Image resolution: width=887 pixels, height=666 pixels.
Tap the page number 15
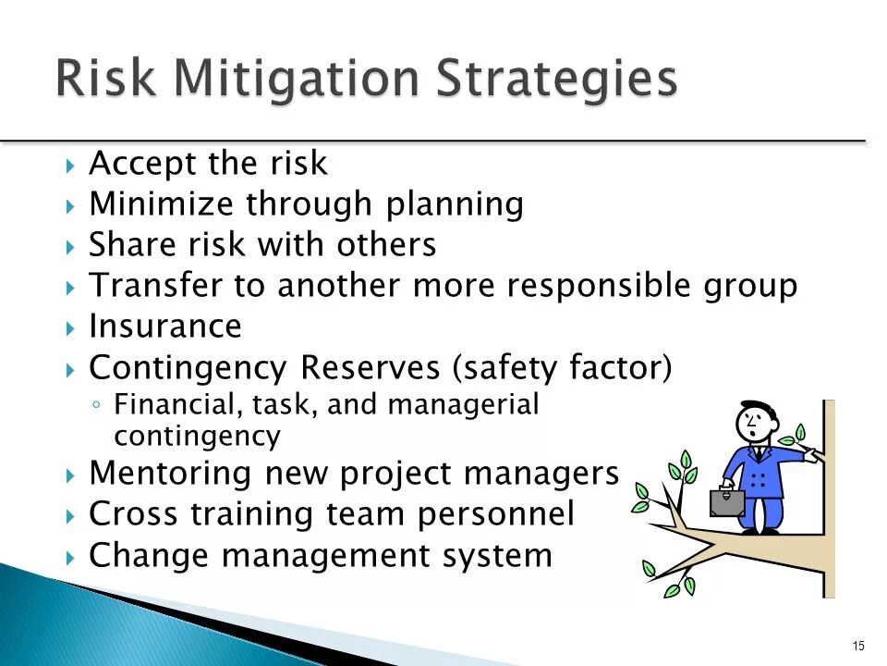pyautogui.click(x=858, y=645)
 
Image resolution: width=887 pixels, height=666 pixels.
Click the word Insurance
pyautogui.click(x=164, y=327)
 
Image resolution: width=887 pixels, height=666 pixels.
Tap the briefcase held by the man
pyautogui.click(x=726, y=502)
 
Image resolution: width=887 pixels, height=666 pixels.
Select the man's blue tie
pyautogui.click(x=760, y=454)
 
